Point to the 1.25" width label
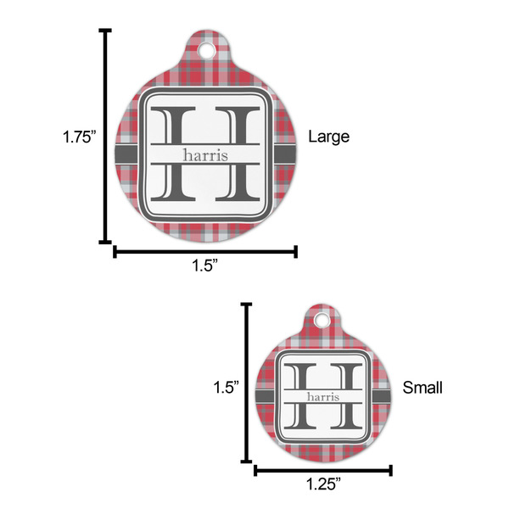click(322, 484)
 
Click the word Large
click(327, 136)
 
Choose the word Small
click(422, 388)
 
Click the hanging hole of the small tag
click(322, 322)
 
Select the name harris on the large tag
click(204, 154)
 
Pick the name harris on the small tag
click(322, 397)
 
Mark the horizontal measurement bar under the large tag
click(204, 250)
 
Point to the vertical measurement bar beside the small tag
click(247, 386)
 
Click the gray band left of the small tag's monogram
click(266, 397)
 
